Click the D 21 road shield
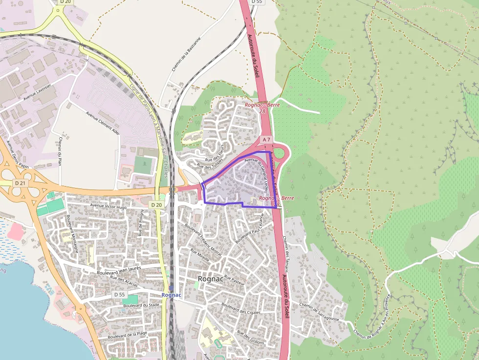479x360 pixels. (x=20, y=183)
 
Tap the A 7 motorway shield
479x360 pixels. (x=266, y=140)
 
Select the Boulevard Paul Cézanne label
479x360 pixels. (x=252, y=231)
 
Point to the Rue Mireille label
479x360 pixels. (x=200, y=254)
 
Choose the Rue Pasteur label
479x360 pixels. (x=234, y=281)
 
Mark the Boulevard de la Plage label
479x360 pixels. (x=128, y=335)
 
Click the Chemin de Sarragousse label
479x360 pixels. (x=319, y=311)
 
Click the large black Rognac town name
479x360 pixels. (x=211, y=278)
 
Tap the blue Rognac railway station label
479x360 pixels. (x=171, y=295)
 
